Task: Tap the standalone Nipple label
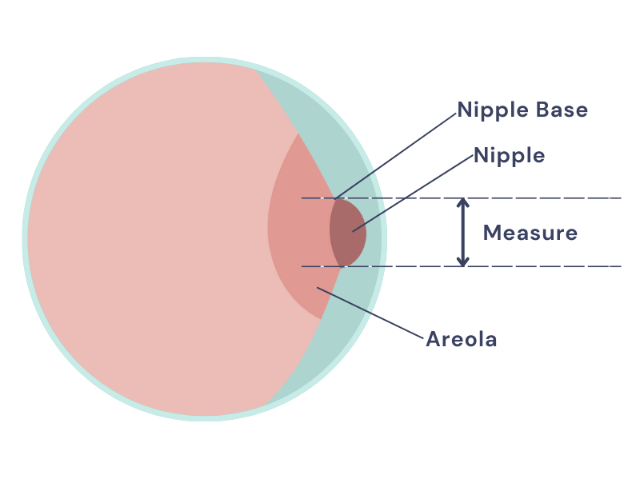tap(509, 156)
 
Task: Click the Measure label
tap(530, 234)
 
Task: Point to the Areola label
tap(462, 340)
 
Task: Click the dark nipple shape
tap(346, 233)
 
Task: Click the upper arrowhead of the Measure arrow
tap(462, 203)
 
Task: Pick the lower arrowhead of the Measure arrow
tap(462, 261)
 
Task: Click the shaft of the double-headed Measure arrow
tap(462, 232)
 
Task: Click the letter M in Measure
tap(493, 234)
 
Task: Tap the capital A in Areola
tap(434, 340)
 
